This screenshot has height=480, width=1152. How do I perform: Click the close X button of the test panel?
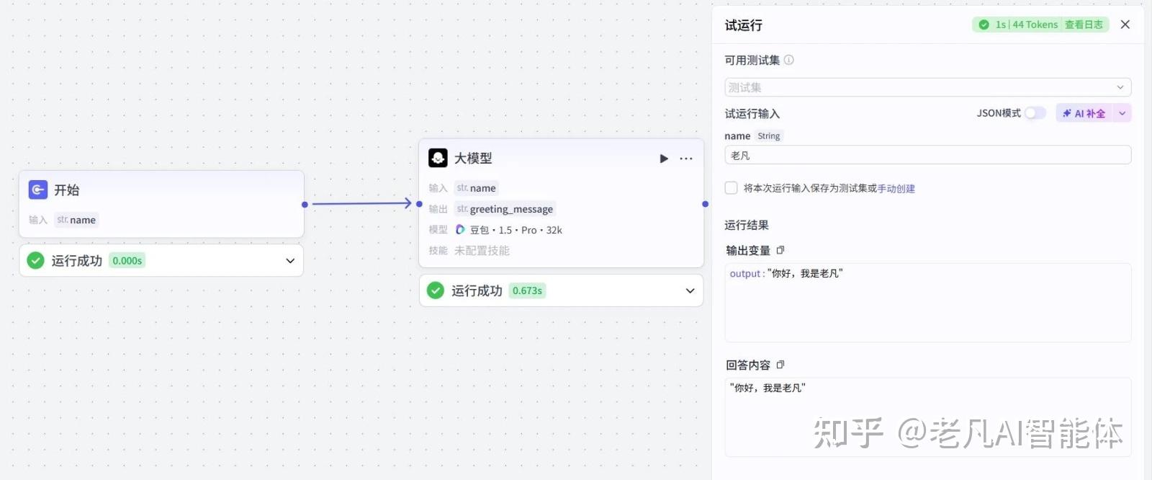click(x=1125, y=25)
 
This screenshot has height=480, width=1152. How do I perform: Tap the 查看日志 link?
click(x=1084, y=25)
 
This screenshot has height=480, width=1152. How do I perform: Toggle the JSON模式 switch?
click(x=1035, y=113)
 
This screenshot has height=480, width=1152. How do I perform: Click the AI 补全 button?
click(x=1084, y=113)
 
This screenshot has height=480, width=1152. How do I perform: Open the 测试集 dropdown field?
click(x=927, y=87)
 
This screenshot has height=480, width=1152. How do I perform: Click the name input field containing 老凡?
click(x=927, y=155)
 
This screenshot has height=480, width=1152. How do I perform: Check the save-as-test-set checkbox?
click(x=732, y=188)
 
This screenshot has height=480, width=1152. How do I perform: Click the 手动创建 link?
click(x=896, y=189)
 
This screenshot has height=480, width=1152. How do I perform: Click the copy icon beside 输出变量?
click(x=780, y=250)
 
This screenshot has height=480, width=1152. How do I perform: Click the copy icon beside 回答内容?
click(x=780, y=365)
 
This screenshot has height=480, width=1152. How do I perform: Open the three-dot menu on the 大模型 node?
click(x=686, y=159)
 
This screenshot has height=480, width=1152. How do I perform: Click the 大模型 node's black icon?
click(x=438, y=158)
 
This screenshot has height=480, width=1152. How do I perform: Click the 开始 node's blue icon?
click(x=38, y=190)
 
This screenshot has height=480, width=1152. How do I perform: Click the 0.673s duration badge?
click(x=527, y=290)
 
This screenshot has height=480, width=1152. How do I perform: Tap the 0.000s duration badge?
click(x=127, y=261)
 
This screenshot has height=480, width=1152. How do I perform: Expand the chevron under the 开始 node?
click(x=290, y=261)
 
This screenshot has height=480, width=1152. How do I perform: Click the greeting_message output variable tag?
click(x=505, y=209)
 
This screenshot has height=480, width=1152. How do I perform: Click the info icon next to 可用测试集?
click(x=789, y=60)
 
